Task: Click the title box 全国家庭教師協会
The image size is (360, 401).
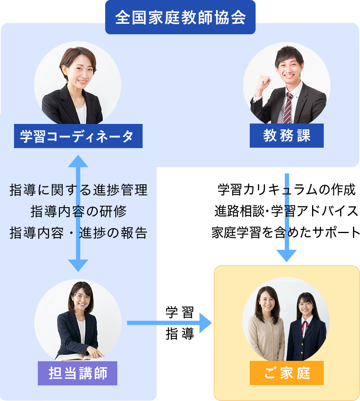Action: coord(180,18)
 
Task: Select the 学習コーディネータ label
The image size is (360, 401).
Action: coord(78,136)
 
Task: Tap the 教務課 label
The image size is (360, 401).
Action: coord(286,136)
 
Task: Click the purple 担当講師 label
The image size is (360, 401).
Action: coord(78,373)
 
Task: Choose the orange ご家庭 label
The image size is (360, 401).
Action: coord(286,373)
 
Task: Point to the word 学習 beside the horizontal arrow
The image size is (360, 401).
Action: coord(180,313)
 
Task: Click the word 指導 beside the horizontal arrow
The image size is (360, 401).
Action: coord(180,334)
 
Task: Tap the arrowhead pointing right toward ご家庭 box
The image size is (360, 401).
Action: coord(205,323)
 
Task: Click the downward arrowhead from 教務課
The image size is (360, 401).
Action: coord(286,256)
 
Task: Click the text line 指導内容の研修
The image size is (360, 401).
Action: coord(78,212)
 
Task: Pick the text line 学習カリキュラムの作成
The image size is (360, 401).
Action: coord(286,190)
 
